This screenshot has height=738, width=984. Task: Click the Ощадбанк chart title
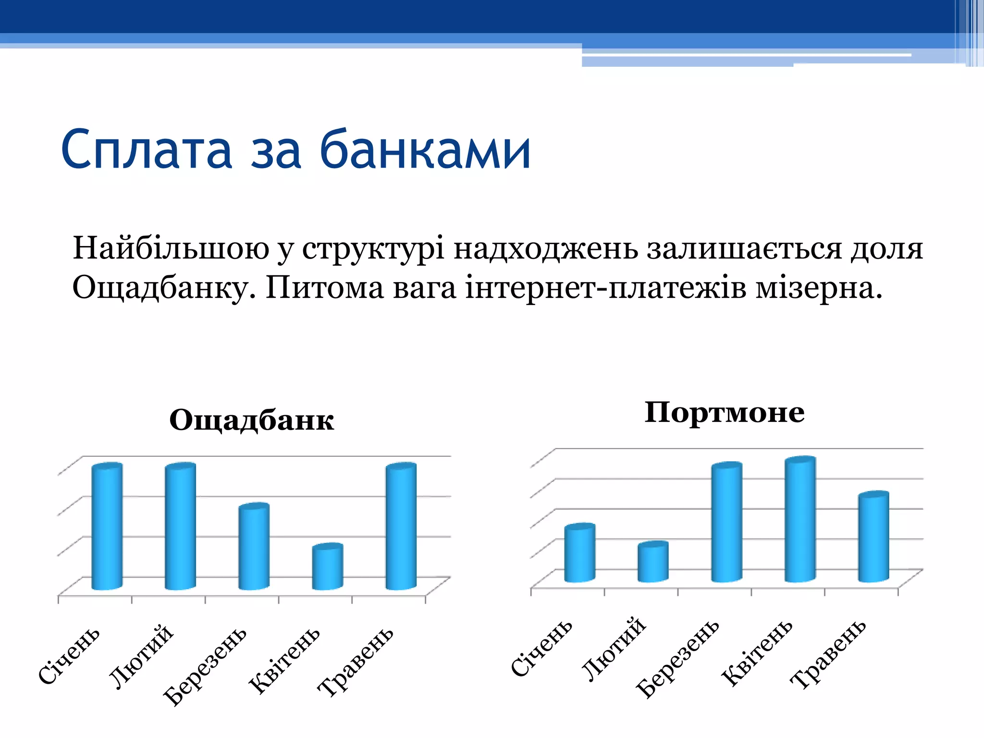pyautogui.click(x=251, y=420)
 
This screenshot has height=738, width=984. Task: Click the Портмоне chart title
pyautogui.click(x=724, y=413)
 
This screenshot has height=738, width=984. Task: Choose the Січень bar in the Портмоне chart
pyautogui.click(x=579, y=553)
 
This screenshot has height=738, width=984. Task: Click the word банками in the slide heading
pyautogui.click(x=425, y=150)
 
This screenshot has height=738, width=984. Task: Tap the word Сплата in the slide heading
pyautogui.click(x=147, y=150)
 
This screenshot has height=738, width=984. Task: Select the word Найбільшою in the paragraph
pyautogui.click(x=171, y=249)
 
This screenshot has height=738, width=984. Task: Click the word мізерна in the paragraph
pyautogui.click(x=819, y=288)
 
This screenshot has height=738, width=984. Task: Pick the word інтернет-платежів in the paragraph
pyautogui.click(x=605, y=288)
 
